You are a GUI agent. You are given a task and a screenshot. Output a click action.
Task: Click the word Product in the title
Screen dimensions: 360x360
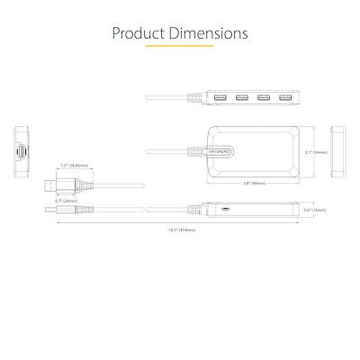[x=138, y=34]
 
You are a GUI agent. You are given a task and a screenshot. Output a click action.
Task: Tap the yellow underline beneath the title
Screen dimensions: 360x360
[x=179, y=47]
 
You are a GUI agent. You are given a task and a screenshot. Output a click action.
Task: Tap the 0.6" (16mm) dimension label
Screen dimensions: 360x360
[x=315, y=211]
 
